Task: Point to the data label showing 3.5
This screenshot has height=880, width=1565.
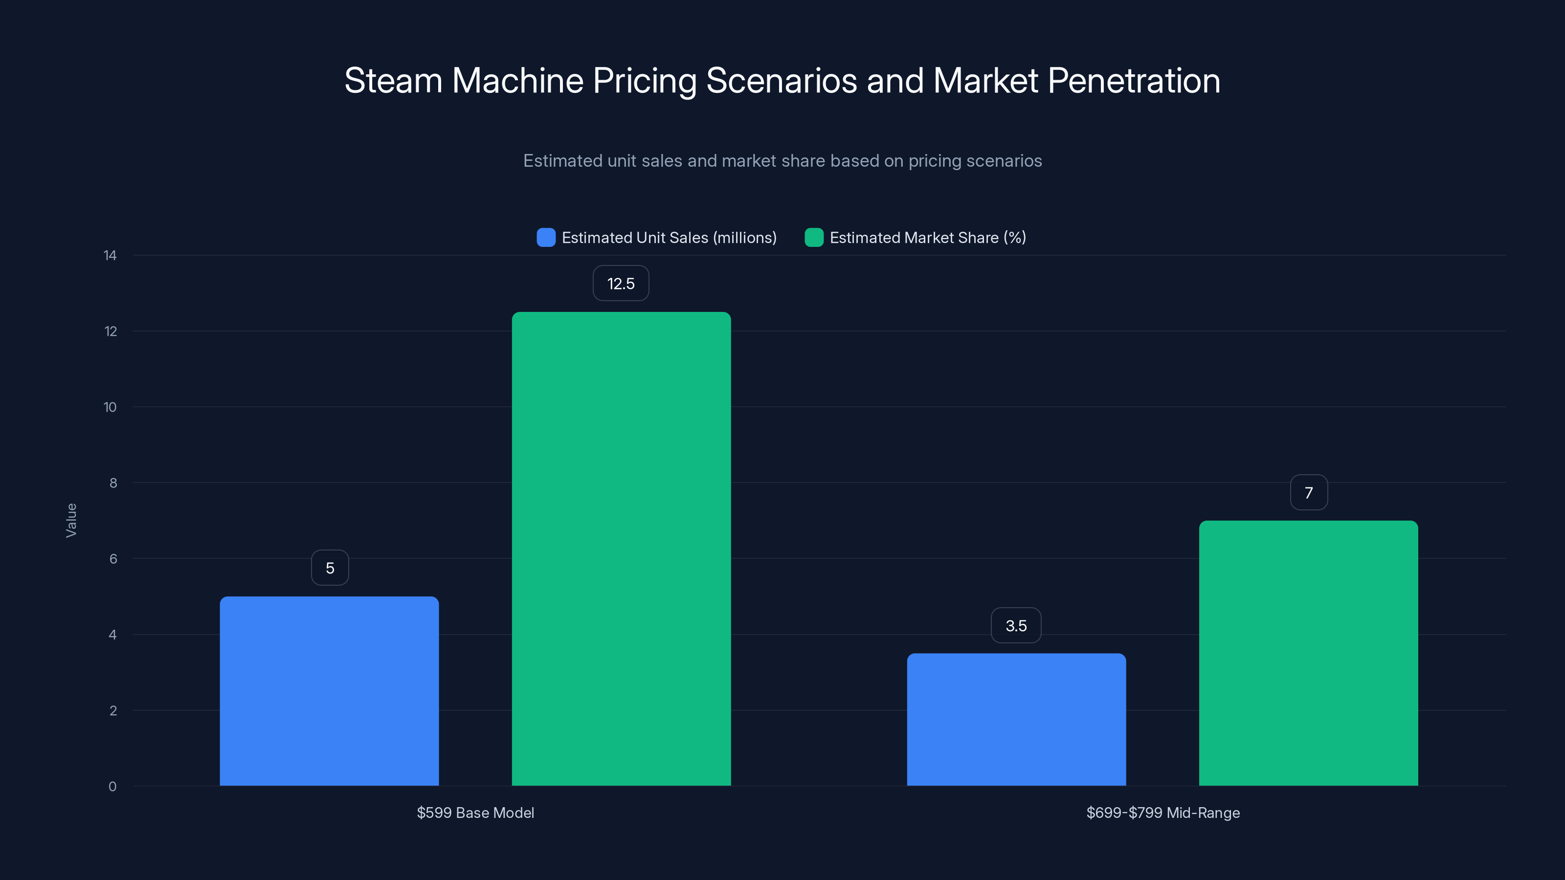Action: pyautogui.click(x=1016, y=626)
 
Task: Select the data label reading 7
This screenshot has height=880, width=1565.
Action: pyautogui.click(x=1309, y=492)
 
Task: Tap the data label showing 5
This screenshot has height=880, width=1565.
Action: pyautogui.click(x=330, y=568)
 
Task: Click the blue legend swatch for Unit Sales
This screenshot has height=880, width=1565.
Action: pyautogui.click(x=546, y=238)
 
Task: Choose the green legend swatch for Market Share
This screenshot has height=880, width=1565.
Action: pyautogui.click(x=813, y=238)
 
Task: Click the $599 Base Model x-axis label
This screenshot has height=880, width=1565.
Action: pyautogui.click(x=475, y=813)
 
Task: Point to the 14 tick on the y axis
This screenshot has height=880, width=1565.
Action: pyautogui.click(x=110, y=256)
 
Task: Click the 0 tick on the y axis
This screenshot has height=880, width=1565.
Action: pyautogui.click(x=112, y=787)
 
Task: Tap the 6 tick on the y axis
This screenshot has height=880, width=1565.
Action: pyautogui.click(x=113, y=559)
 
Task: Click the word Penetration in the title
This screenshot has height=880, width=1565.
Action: pyautogui.click(x=1134, y=81)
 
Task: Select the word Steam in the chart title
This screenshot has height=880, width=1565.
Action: pyautogui.click(x=393, y=81)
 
